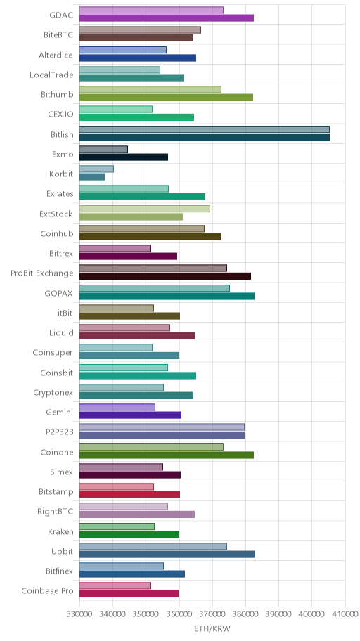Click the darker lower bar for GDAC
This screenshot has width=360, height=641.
coord(167,18)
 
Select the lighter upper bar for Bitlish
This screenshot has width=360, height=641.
coord(205,129)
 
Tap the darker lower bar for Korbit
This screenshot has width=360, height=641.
coord(92,177)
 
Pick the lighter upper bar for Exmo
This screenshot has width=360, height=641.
coord(103,149)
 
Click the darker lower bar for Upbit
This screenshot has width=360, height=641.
coord(167,555)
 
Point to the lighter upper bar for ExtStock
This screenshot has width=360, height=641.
coord(145,209)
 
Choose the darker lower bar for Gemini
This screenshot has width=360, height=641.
coord(131,415)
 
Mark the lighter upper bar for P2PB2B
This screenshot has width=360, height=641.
coord(162,427)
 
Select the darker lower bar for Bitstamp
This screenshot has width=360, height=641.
coord(129,495)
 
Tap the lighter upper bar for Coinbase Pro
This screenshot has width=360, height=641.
coord(115,585)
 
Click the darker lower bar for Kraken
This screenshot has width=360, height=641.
coord(129,534)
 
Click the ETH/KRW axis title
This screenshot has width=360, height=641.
coord(212,628)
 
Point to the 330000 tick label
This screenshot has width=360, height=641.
coord(79,614)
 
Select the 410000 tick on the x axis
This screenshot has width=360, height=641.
coord(345,614)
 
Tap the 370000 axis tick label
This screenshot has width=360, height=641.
coord(212,614)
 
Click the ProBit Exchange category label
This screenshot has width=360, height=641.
coord(42,273)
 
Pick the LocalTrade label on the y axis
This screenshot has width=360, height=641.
coord(51,75)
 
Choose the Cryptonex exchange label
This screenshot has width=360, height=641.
coord(53,393)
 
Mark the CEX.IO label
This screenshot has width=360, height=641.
coord(61,114)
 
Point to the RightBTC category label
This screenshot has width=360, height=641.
coord(56,512)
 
